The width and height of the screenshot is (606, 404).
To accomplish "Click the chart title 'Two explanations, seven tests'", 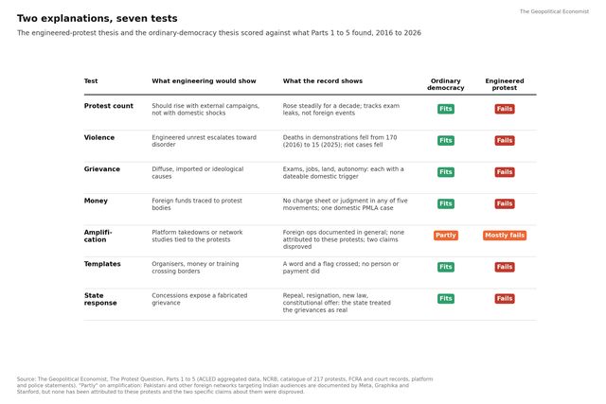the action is (x=97, y=19).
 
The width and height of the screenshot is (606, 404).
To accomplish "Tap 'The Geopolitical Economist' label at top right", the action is (x=554, y=11).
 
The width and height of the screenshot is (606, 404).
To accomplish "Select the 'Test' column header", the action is (x=91, y=81).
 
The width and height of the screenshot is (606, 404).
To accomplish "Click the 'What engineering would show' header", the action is (x=204, y=81).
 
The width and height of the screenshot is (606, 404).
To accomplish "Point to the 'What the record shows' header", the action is (x=323, y=81).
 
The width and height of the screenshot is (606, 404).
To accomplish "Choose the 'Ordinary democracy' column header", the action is (x=446, y=84).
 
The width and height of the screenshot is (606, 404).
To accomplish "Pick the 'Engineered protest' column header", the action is (x=505, y=84).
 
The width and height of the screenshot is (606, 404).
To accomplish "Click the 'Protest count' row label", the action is (x=109, y=106).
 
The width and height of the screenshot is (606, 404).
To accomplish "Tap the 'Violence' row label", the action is (x=99, y=137).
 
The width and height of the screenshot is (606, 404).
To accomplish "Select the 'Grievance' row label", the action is (x=102, y=169).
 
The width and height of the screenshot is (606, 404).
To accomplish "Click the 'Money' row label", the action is (x=96, y=201).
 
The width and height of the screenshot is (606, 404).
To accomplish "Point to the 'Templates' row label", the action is (x=102, y=264).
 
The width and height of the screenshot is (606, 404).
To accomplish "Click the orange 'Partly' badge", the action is (x=446, y=236).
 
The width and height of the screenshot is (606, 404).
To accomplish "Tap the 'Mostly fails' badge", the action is (x=505, y=236).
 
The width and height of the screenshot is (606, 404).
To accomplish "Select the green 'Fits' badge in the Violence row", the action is (x=446, y=141).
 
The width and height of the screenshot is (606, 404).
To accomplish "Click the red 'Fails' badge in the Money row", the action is (x=505, y=203).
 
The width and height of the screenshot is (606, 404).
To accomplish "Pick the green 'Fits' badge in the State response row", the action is (x=446, y=299).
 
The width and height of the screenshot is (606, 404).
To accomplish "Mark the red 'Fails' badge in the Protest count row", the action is (x=505, y=109).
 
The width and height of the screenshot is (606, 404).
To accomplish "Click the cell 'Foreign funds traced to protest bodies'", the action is (x=197, y=204).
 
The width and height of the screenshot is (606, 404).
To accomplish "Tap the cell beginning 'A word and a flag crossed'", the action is (x=341, y=268).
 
